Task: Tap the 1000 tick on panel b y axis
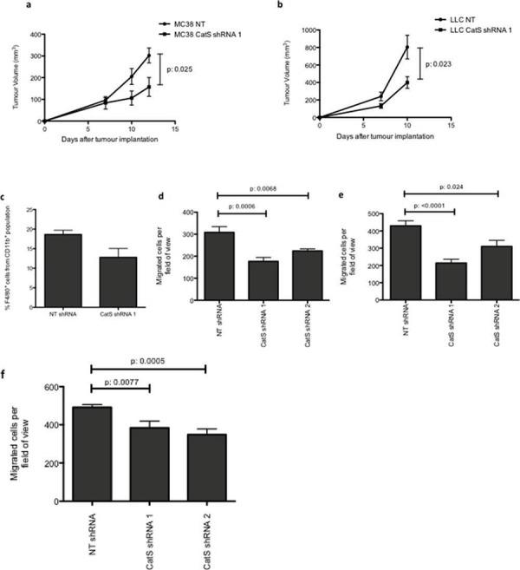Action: click(309, 29)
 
